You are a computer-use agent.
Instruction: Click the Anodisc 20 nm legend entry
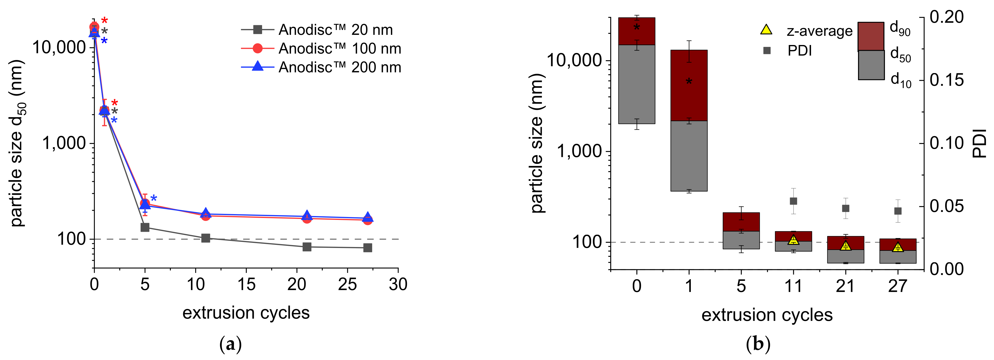tap(320, 30)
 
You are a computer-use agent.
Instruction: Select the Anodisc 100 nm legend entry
tap(320, 49)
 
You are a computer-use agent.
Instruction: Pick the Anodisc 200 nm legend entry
tap(320, 67)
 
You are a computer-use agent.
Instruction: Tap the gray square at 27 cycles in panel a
tap(368, 248)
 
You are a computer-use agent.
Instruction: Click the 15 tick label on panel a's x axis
tap(246, 285)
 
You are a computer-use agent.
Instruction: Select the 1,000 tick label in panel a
tap(64, 143)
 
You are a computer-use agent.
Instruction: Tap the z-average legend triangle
tap(766, 30)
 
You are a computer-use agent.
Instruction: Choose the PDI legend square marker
tap(767, 51)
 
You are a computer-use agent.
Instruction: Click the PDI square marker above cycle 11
tap(793, 201)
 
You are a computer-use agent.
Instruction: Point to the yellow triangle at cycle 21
tap(845, 245)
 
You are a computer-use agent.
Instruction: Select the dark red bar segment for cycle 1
tap(689, 85)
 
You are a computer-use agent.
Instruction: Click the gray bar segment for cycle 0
tap(637, 84)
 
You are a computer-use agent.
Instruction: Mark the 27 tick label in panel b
tap(897, 286)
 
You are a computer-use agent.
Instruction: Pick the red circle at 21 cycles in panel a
tap(307, 219)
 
